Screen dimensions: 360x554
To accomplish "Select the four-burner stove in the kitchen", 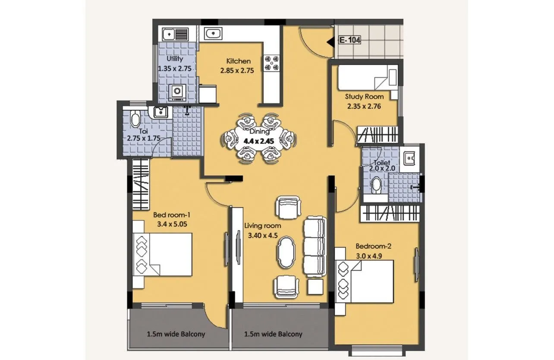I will [272, 62].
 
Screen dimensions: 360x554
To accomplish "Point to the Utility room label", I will [175, 59].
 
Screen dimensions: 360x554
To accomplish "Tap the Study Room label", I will [364, 97].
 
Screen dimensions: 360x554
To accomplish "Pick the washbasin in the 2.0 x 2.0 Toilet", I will [408, 159].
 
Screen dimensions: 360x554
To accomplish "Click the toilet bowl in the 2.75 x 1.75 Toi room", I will [135, 118].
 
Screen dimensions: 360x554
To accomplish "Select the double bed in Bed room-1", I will [163, 254].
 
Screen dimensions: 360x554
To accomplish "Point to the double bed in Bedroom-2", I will [365, 281].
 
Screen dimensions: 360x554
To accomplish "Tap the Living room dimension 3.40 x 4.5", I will [262, 236].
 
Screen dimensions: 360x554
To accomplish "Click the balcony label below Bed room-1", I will [176, 334].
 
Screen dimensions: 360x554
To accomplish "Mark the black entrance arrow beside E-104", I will [331, 42].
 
